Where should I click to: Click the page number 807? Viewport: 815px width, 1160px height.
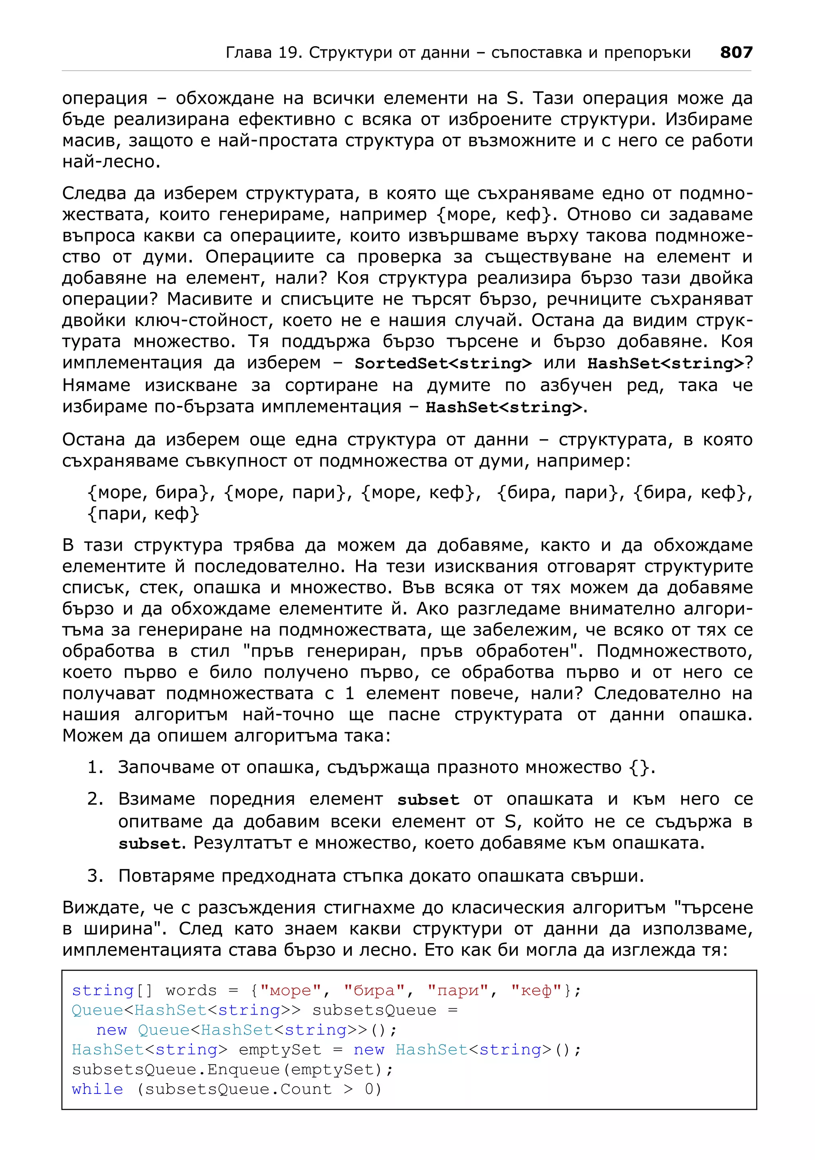coord(736,52)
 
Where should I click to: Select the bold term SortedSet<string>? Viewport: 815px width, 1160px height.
coord(443,363)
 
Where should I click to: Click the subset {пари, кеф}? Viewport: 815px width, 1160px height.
coord(143,513)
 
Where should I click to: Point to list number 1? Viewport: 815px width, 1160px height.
coord(95,767)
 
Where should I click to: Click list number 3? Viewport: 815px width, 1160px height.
coord(95,875)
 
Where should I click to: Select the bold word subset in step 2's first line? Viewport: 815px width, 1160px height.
coord(428,799)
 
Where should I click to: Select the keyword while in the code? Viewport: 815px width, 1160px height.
coord(97,1089)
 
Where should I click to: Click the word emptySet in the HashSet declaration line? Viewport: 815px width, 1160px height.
coord(280,1050)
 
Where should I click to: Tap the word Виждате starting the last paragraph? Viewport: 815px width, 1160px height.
coord(103,907)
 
